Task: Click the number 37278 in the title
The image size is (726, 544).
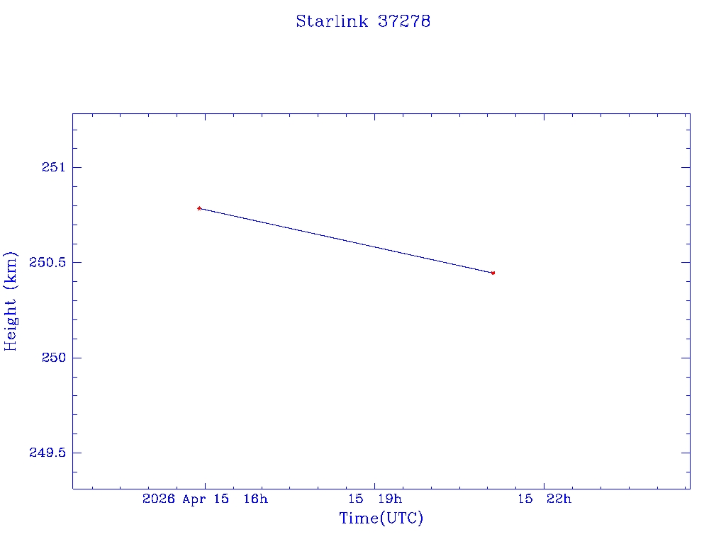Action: coord(404,21)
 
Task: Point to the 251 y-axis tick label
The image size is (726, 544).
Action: coord(52,167)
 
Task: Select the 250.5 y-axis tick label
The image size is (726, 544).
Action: coord(47,262)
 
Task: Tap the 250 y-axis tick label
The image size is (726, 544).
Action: coord(52,358)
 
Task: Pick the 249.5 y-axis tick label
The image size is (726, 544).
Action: coord(47,453)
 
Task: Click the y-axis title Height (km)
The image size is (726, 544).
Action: coord(11,300)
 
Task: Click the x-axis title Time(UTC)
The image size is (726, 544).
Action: coord(381,518)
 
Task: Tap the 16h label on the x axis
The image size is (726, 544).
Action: coord(256,499)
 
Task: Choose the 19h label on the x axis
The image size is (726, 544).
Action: coord(390,499)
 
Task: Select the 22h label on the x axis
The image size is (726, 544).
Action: coord(559,499)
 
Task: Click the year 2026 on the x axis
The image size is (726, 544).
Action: coord(160,499)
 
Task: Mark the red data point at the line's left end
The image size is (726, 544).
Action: coord(199,208)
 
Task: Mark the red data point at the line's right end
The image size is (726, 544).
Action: coord(493,273)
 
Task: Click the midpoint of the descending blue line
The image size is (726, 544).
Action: coord(346,241)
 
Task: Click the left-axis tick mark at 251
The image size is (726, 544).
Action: coord(77,167)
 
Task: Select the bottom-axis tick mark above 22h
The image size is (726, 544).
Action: coord(544,484)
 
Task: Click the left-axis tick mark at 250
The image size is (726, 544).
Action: coord(77,358)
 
